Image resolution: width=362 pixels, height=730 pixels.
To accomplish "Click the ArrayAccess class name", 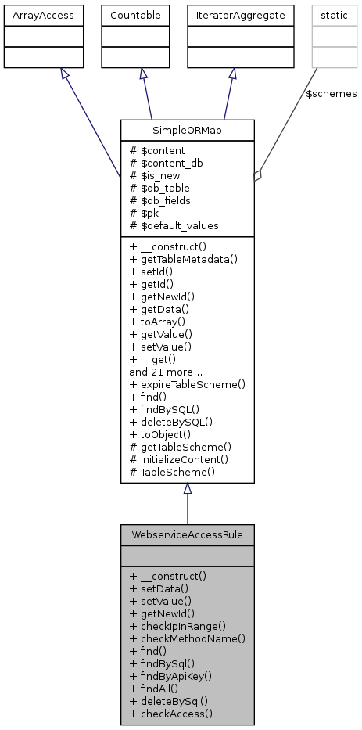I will pyautogui.click(x=33, y=14).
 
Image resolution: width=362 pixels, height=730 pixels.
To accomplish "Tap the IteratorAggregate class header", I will pyautogui.click(x=231, y=14).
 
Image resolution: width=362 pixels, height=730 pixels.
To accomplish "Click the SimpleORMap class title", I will pyautogui.click(x=187, y=130).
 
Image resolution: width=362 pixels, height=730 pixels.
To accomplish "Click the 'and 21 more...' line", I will pyautogui.click(x=167, y=372).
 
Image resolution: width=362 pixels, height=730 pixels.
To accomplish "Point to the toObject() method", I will pyautogui.click(x=163, y=434).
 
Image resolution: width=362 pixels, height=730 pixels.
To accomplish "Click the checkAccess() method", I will pyautogui.click(x=171, y=713).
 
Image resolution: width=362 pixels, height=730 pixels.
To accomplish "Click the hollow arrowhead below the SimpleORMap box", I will pyautogui.click(x=187, y=489).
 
